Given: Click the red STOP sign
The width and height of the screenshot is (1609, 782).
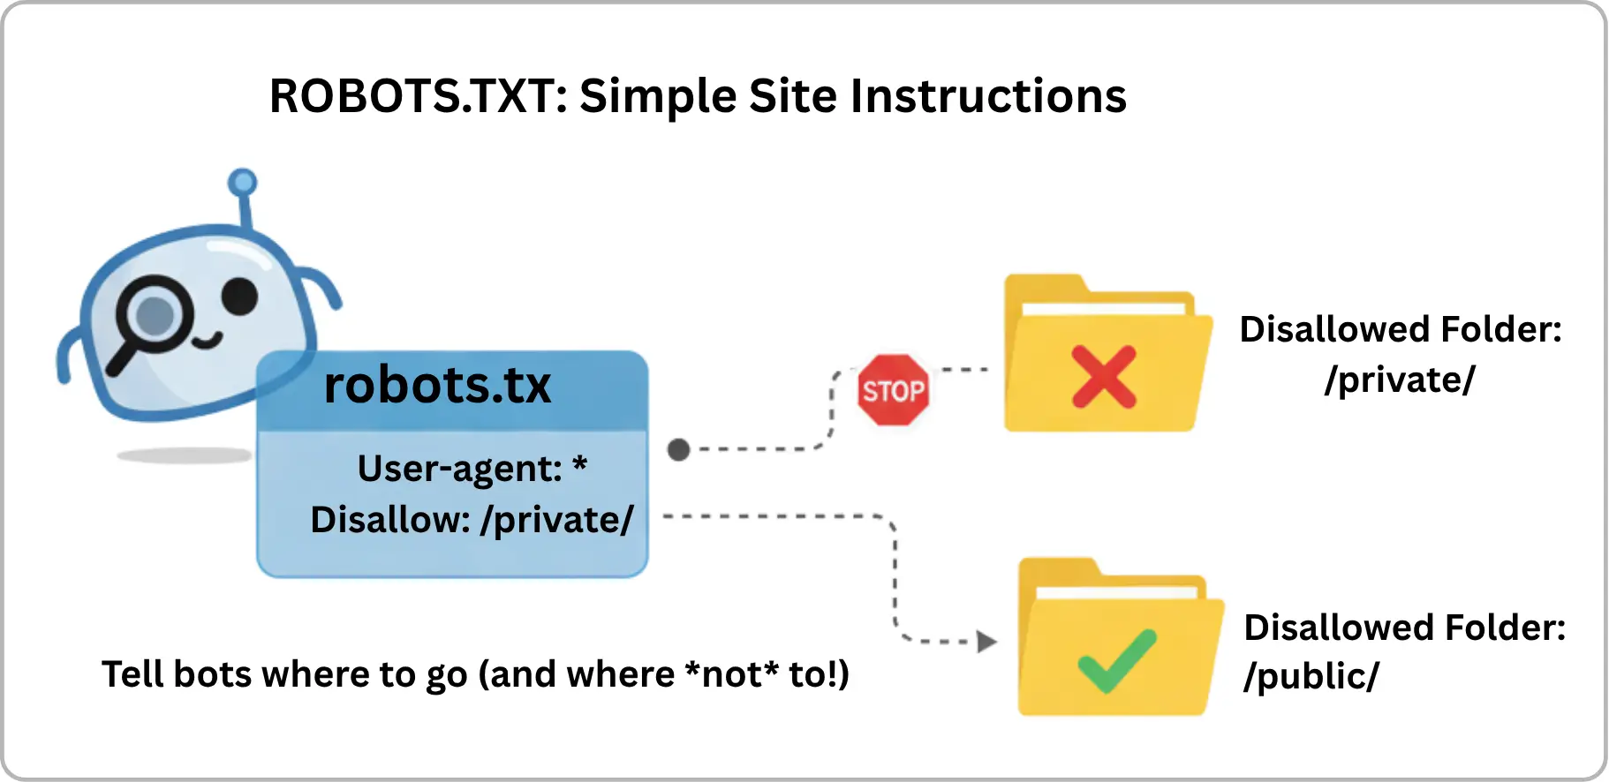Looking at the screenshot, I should (x=893, y=390).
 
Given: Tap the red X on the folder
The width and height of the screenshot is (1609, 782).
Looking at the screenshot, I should (x=1103, y=377).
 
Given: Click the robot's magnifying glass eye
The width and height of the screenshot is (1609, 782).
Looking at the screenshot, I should (x=155, y=314).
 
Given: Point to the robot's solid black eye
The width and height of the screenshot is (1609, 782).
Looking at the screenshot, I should (x=239, y=297).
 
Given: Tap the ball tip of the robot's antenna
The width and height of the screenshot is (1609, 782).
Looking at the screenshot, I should (x=242, y=183).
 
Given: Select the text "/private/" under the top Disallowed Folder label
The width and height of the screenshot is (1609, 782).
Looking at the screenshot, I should (x=1400, y=380).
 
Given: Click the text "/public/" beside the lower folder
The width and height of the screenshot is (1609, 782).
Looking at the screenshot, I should (x=1311, y=677).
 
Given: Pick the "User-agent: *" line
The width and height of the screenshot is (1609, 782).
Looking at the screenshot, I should (x=472, y=469).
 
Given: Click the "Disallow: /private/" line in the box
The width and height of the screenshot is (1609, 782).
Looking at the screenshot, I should (x=472, y=520).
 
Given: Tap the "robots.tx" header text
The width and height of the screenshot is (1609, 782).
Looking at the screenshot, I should (x=437, y=386).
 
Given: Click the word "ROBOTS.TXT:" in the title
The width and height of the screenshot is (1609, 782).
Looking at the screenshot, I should (x=418, y=96).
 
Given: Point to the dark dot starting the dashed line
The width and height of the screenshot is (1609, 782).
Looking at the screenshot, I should (x=678, y=450).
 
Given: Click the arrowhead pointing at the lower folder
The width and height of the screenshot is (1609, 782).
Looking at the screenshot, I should (x=986, y=642).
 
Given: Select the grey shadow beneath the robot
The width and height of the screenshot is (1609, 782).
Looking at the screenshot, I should (x=184, y=455).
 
